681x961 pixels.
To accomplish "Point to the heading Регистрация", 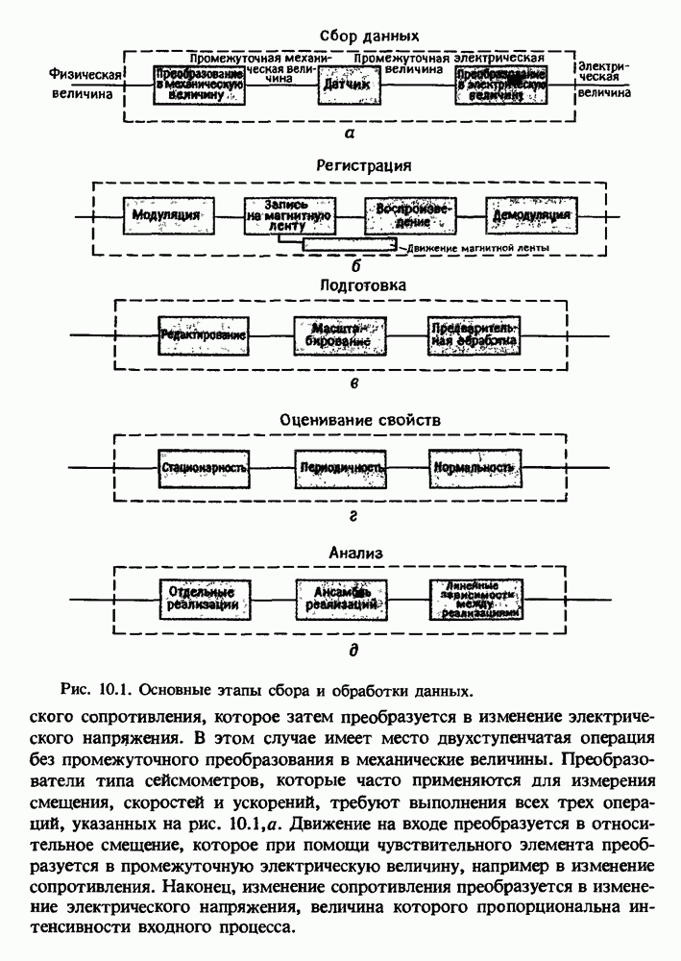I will [351, 164].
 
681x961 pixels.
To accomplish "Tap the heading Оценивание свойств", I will [350, 420].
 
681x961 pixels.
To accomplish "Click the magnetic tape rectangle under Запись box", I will [348, 245].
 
